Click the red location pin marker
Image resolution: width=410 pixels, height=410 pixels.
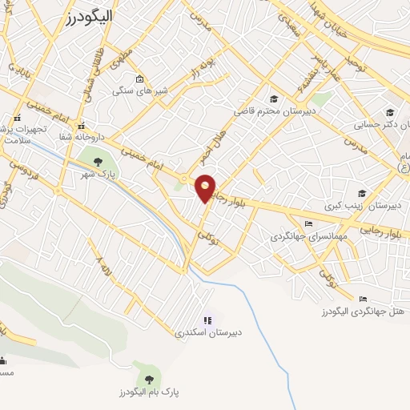coord(206,187)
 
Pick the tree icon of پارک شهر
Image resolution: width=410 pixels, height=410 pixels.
coord(98,161)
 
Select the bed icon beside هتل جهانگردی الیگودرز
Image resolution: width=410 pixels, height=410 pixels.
coord(363,299)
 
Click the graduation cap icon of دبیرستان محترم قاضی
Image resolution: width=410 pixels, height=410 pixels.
coord(274,99)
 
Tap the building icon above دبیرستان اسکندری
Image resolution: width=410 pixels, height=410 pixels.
coord(208,320)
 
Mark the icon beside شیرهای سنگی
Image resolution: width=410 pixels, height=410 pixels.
coord(139,78)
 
